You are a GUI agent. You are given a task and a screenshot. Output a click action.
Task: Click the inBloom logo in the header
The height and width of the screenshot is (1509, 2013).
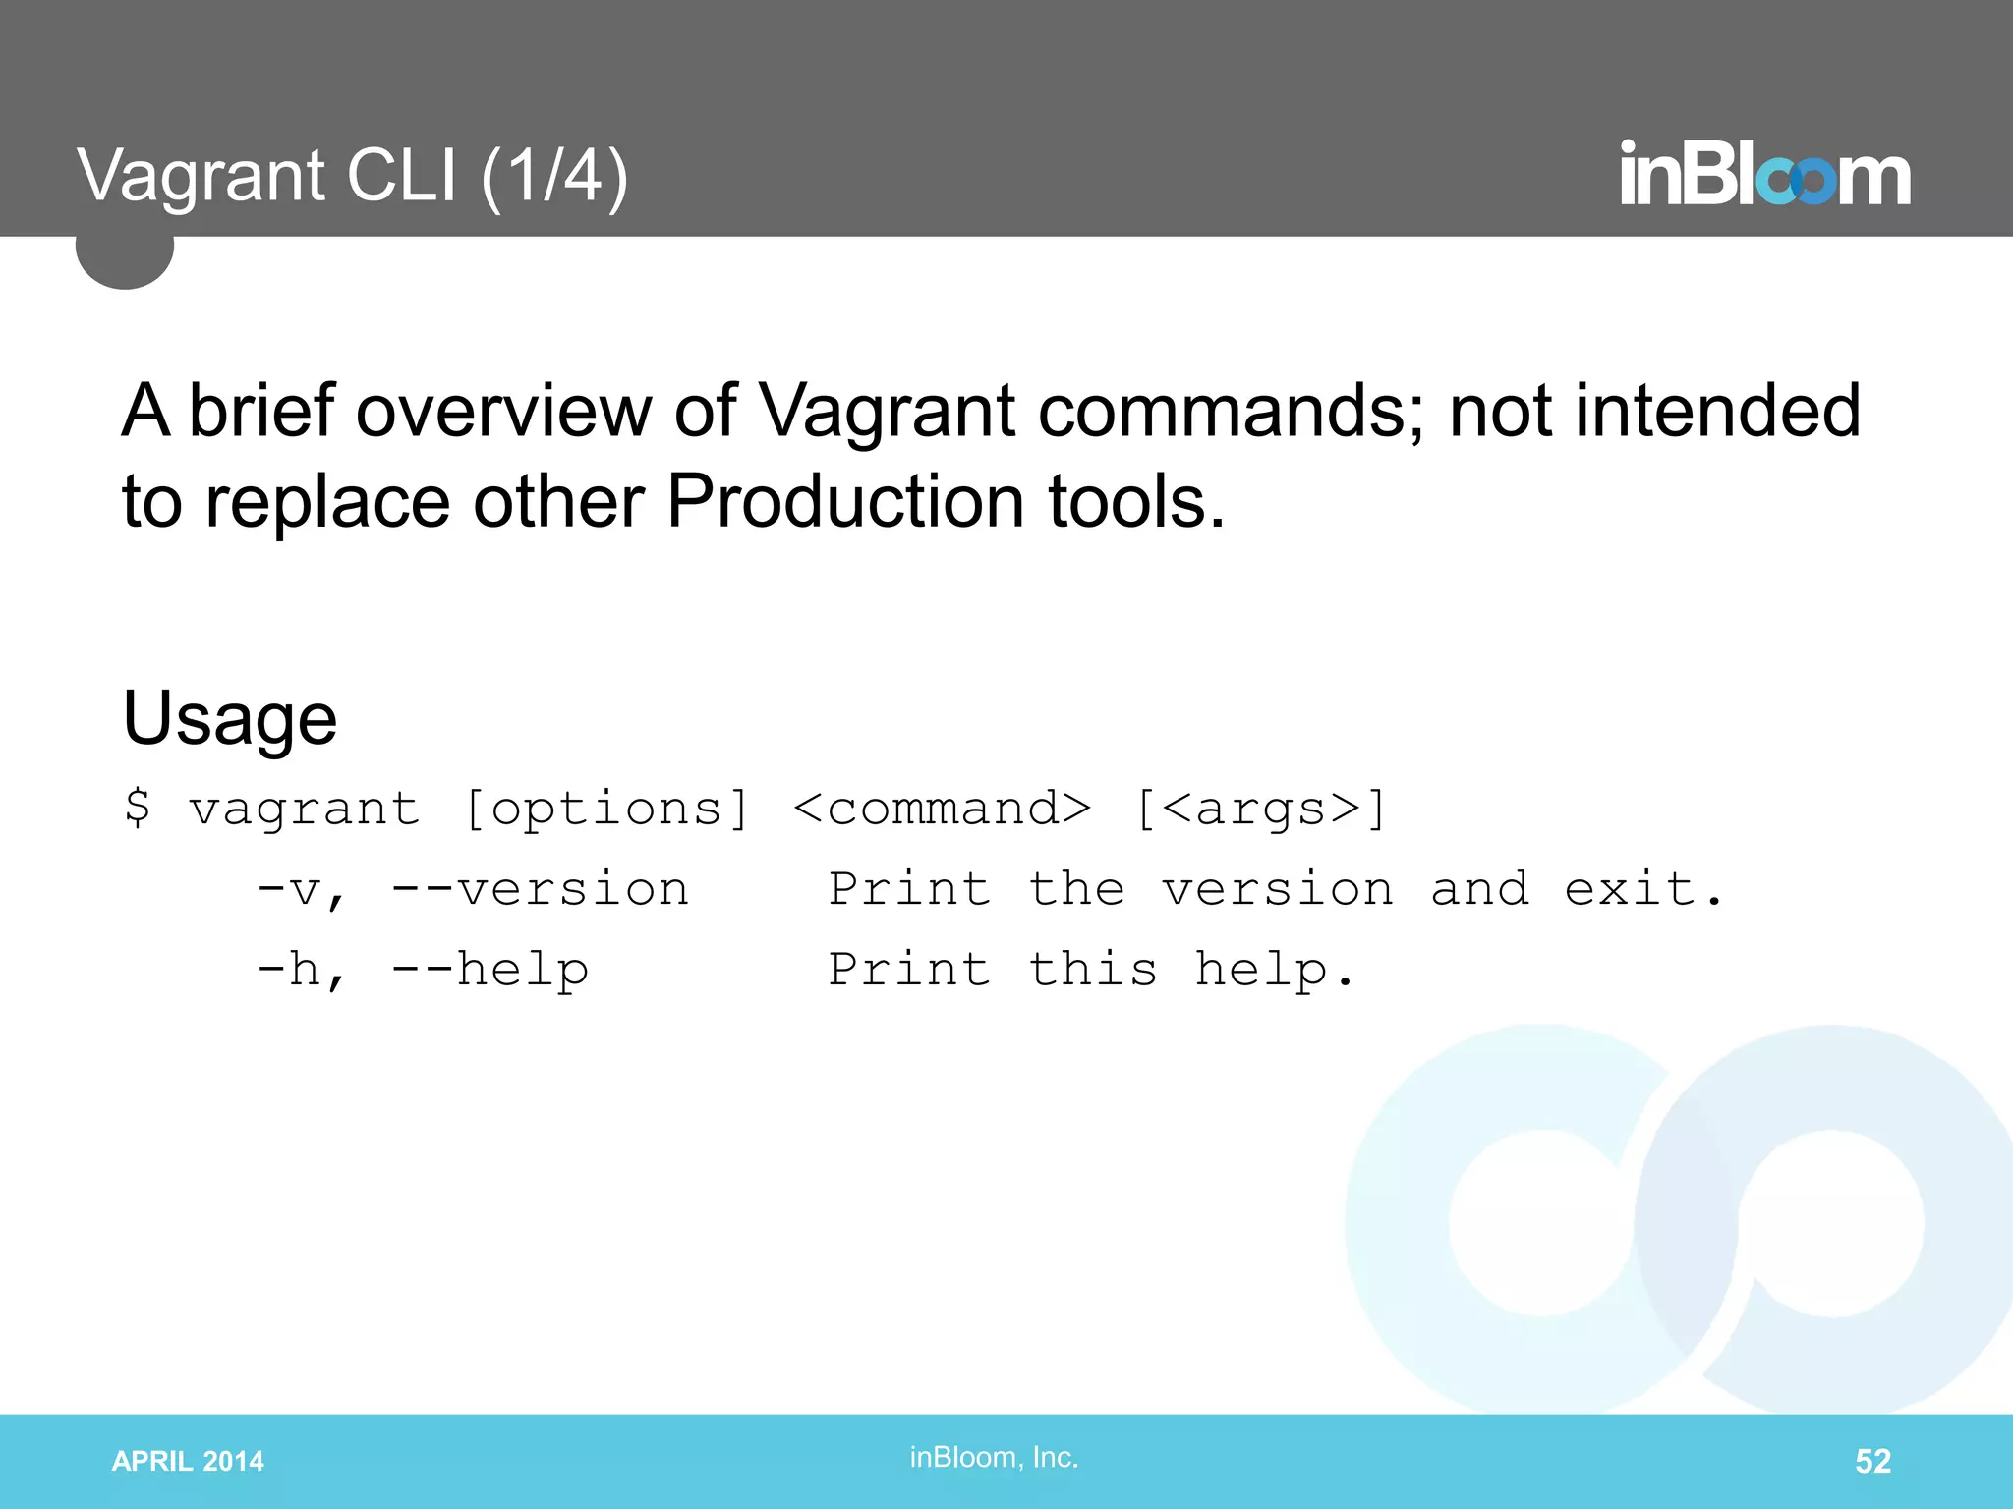coord(1764,175)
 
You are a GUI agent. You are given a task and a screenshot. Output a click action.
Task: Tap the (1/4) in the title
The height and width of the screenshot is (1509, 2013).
coord(554,177)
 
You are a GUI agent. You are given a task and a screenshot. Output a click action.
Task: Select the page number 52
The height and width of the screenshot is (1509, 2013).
coord(1872,1461)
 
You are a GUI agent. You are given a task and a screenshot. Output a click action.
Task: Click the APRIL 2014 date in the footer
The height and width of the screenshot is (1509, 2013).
coord(188,1461)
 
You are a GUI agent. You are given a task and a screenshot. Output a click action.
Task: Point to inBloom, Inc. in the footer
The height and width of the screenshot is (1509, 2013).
coord(994,1457)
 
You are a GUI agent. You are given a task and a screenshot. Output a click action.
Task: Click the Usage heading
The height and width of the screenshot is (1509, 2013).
coord(230,718)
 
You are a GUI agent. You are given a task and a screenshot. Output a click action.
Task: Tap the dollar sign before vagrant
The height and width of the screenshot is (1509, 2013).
coord(138,808)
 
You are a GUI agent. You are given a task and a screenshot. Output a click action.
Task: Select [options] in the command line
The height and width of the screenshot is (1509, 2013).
coord(606,810)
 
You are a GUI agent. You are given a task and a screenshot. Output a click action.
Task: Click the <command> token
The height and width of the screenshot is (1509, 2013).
coord(942,809)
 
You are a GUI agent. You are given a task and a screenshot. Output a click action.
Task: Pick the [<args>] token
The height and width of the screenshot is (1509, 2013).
coord(1260,810)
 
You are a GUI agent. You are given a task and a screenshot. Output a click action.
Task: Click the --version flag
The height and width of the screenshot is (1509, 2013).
coord(540,889)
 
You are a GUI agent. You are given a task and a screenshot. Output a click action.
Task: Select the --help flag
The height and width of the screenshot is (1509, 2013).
coord(489,970)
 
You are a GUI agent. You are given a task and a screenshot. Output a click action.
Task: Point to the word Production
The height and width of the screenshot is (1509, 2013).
coord(845,502)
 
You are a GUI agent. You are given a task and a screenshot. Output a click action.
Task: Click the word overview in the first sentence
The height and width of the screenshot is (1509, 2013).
coord(503,411)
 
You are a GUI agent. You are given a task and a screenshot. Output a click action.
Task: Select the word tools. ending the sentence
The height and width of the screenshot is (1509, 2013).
coord(1137,502)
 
